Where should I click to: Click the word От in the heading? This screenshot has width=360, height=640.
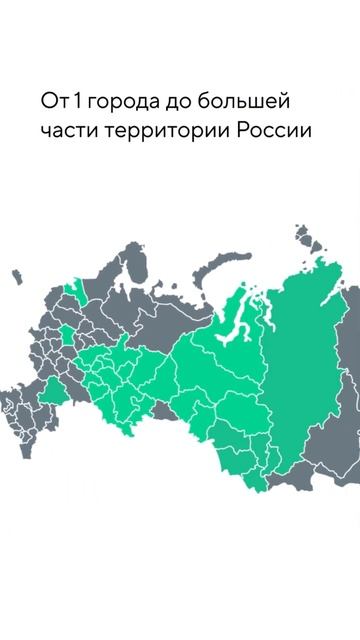coord(52,102)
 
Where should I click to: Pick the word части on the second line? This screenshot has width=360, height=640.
coord(67,131)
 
